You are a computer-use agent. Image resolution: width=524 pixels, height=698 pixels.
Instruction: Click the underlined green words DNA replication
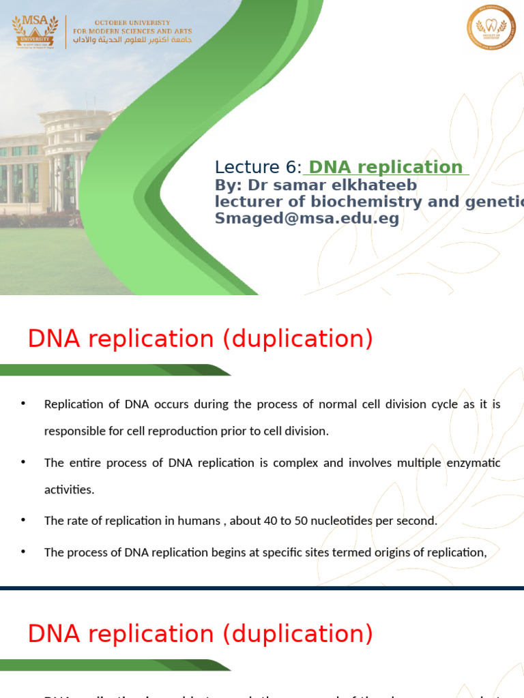pos(385,167)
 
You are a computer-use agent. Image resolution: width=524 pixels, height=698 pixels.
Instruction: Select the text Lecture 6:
pos(258,168)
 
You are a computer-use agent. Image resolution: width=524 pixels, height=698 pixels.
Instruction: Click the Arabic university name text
pos(132,40)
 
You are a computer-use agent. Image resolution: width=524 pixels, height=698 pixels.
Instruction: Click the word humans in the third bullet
pos(200,521)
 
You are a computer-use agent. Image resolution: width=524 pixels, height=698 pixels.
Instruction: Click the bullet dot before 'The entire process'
pos(23,462)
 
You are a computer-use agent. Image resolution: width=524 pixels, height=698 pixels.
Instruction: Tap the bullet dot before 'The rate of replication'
pos(23,520)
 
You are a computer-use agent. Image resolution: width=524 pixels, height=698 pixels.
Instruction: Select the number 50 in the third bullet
pos(299,521)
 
